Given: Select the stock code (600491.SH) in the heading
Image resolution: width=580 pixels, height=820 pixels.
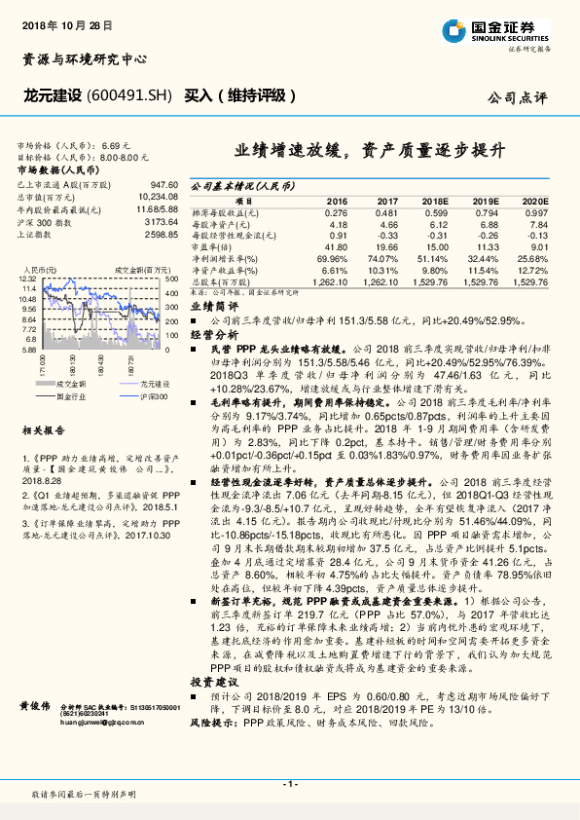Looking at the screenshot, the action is point(129,95).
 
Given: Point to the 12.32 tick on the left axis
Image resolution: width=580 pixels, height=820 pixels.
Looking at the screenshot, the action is point(28,279).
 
